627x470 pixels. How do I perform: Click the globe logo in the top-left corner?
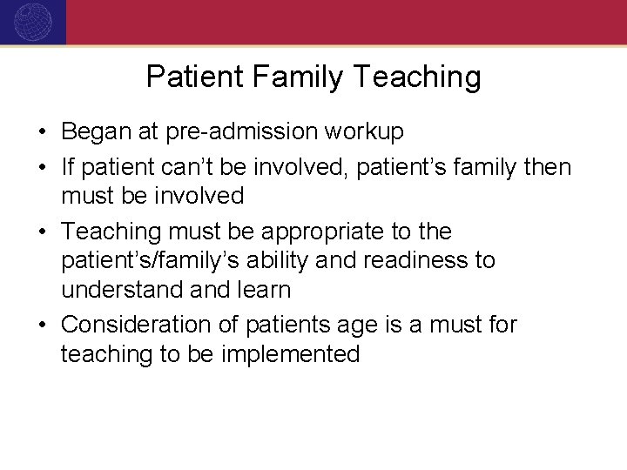[x=32, y=22]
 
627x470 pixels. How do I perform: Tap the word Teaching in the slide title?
[x=419, y=77]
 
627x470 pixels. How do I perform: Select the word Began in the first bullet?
[x=95, y=131]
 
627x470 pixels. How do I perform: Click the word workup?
[x=365, y=132]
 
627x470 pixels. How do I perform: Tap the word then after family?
[x=547, y=166]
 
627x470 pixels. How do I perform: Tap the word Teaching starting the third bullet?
[x=112, y=232]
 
